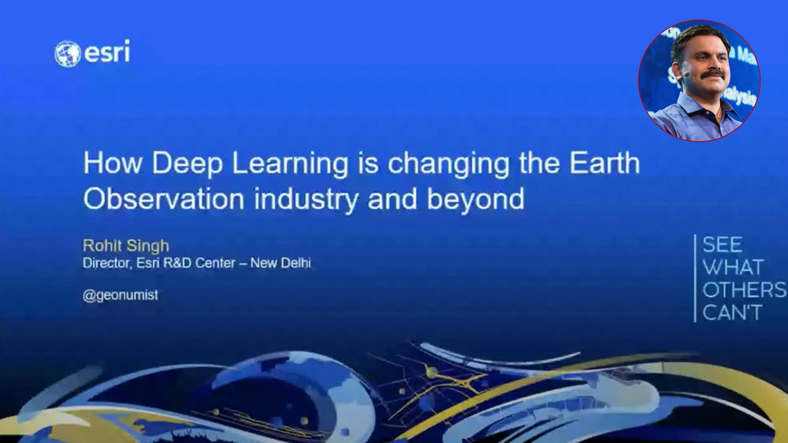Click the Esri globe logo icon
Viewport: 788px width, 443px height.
point(67,54)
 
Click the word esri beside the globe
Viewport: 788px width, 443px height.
point(107,52)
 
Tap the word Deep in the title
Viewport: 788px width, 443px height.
point(187,163)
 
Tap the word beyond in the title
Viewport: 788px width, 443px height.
point(476,199)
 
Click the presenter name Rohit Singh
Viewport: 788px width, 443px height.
point(126,245)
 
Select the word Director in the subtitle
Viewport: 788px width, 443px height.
point(108,263)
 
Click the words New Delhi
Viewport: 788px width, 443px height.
point(280,263)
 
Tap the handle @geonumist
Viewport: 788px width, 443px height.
point(120,295)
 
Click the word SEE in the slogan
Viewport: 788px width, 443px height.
point(723,245)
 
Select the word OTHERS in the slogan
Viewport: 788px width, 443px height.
point(744,290)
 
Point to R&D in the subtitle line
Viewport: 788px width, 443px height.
point(177,263)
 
